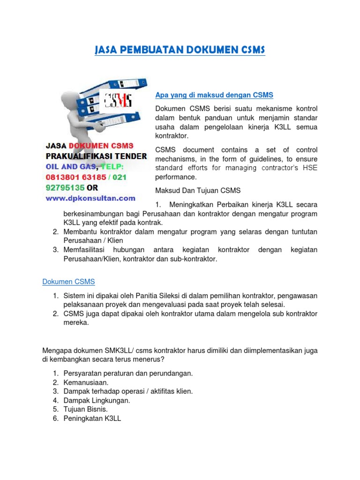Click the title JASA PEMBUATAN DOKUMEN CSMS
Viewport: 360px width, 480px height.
[180, 50]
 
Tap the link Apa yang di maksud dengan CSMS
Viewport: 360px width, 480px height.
[214, 95]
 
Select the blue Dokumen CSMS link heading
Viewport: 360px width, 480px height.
[68, 282]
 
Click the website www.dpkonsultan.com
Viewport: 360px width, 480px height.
[90, 198]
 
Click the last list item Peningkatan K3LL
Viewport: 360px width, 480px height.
[92, 418]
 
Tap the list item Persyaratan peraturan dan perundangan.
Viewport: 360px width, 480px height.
[128, 373]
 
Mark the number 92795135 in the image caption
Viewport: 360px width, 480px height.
[65, 188]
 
